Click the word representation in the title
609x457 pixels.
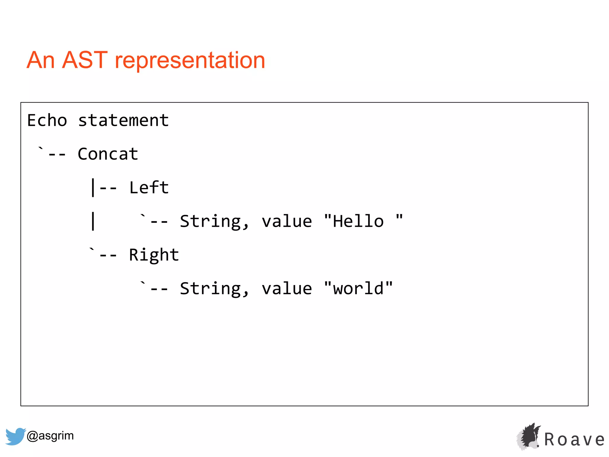(x=190, y=61)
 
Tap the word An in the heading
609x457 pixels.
(x=41, y=60)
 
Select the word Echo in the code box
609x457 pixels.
(x=47, y=120)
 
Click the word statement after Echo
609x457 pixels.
(x=123, y=120)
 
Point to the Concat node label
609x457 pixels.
(x=108, y=154)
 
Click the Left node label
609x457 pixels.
(x=149, y=188)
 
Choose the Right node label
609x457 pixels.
(x=154, y=255)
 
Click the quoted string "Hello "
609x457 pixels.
(x=363, y=221)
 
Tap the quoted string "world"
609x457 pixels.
(x=358, y=288)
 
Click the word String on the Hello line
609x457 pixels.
(x=214, y=222)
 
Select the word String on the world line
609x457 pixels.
(x=214, y=289)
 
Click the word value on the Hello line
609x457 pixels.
(x=287, y=222)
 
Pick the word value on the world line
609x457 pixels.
(x=287, y=289)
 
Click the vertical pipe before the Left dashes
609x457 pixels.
(x=93, y=187)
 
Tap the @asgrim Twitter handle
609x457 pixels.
(x=50, y=436)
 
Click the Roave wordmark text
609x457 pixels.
(x=574, y=440)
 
